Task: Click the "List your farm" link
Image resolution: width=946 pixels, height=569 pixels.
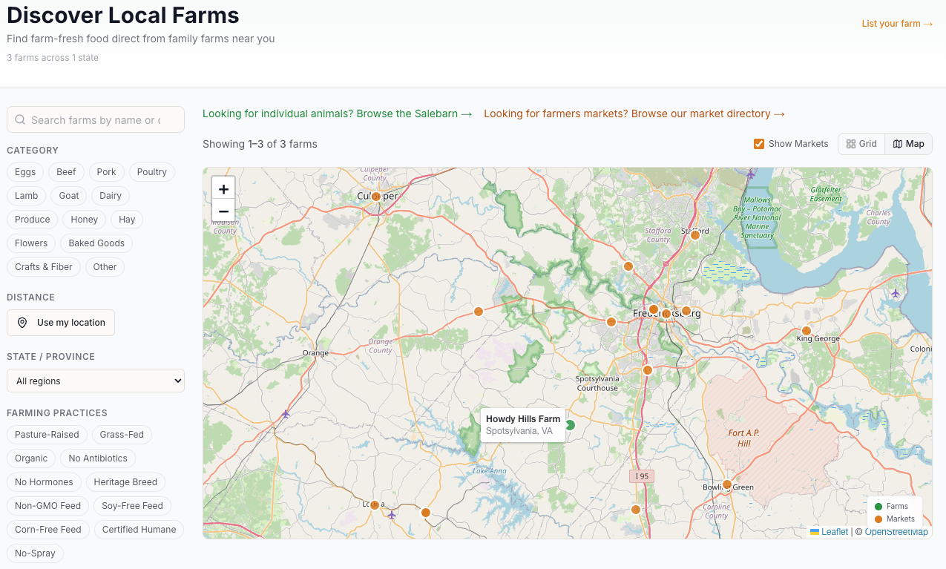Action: coord(896,24)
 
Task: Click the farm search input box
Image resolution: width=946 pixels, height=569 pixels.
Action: coord(96,120)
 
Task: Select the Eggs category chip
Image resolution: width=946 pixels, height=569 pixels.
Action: coord(25,172)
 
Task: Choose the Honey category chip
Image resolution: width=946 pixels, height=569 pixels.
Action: coord(85,220)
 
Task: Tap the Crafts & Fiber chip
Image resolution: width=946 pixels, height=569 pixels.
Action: coord(44,267)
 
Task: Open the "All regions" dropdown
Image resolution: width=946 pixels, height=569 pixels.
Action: coord(96,381)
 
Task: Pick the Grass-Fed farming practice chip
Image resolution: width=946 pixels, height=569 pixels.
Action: coord(122,435)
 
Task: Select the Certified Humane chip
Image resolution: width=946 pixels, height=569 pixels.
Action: coord(139,530)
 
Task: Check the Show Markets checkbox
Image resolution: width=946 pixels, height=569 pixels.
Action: coord(759,144)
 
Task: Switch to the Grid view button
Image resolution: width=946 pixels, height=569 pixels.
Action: coord(861,144)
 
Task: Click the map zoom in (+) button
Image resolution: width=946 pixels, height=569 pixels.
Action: coord(223,188)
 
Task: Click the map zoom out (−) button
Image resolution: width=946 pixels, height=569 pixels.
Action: coord(223,211)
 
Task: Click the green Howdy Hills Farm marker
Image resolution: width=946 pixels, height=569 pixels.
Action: coord(570,425)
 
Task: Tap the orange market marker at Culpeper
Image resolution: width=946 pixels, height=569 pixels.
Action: coord(376,197)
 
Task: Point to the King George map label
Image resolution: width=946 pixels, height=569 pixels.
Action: coord(818,339)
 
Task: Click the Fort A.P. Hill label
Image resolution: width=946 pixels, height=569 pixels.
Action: coord(744,438)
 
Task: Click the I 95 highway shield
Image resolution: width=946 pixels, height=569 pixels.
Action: coord(642,476)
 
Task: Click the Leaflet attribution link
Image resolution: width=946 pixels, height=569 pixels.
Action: coord(834,532)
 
